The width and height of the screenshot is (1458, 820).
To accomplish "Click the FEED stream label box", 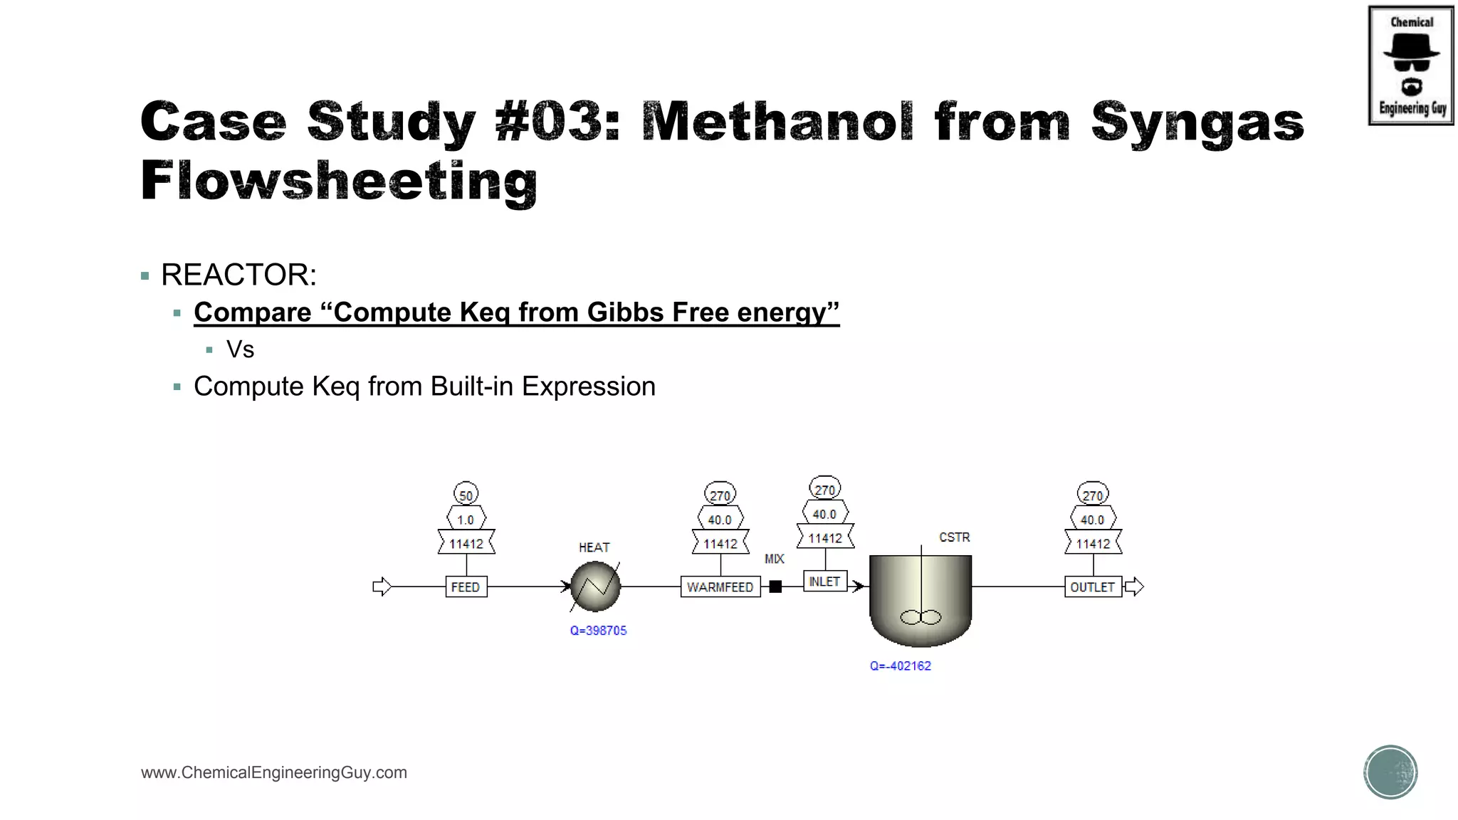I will tap(466, 587).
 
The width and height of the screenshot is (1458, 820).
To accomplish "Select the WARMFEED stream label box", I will tap(720, 587).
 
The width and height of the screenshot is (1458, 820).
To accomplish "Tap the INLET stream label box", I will tap(824, 582).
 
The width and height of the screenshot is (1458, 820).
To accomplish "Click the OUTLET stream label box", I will tap(1092, 587).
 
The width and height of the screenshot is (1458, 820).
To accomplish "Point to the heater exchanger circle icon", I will tap(596, 587).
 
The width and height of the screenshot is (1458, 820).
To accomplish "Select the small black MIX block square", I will tap(776, 587).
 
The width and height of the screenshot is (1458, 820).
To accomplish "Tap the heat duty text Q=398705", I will tap(598, 631).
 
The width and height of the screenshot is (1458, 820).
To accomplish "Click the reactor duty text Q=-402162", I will tap(900, 666).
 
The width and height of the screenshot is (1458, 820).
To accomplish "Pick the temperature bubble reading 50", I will tap(466, 495).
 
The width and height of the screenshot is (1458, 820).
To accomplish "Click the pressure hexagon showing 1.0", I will tap(466, 520).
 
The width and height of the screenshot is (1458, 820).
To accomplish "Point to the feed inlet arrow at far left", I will tap(382, 587).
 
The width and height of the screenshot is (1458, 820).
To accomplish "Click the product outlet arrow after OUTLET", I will tap(1134, 587).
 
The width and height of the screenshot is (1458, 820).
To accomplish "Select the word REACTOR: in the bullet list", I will tap(238, 275).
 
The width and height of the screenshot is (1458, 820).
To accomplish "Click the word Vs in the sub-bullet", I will tap(240, 349).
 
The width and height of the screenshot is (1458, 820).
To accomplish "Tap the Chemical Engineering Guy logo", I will tap(1410, 65).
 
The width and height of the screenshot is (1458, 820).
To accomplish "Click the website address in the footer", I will tap(273, 772).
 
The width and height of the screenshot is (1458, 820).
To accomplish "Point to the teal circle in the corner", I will tap(1390, 772).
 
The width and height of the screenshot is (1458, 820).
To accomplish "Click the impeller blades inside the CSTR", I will tap(921, 617).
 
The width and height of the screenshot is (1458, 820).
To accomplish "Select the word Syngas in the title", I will tap(1197, 122).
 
